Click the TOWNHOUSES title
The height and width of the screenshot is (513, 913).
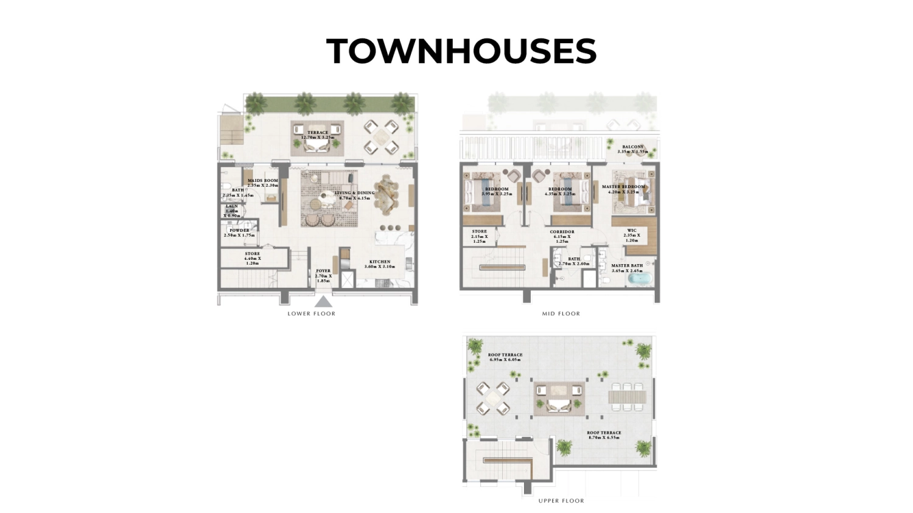(x=461, y=51)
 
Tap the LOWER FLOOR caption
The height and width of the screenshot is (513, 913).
(x=311, y=314)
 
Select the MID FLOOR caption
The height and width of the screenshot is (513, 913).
(x=561, y=314)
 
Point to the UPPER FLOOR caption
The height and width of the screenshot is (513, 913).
(x=561, y=501)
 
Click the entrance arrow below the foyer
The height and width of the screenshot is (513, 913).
(x=323, y=302)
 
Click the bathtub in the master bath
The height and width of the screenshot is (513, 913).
(x=639, y=279)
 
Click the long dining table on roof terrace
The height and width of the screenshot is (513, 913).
(x=628, y=396)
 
